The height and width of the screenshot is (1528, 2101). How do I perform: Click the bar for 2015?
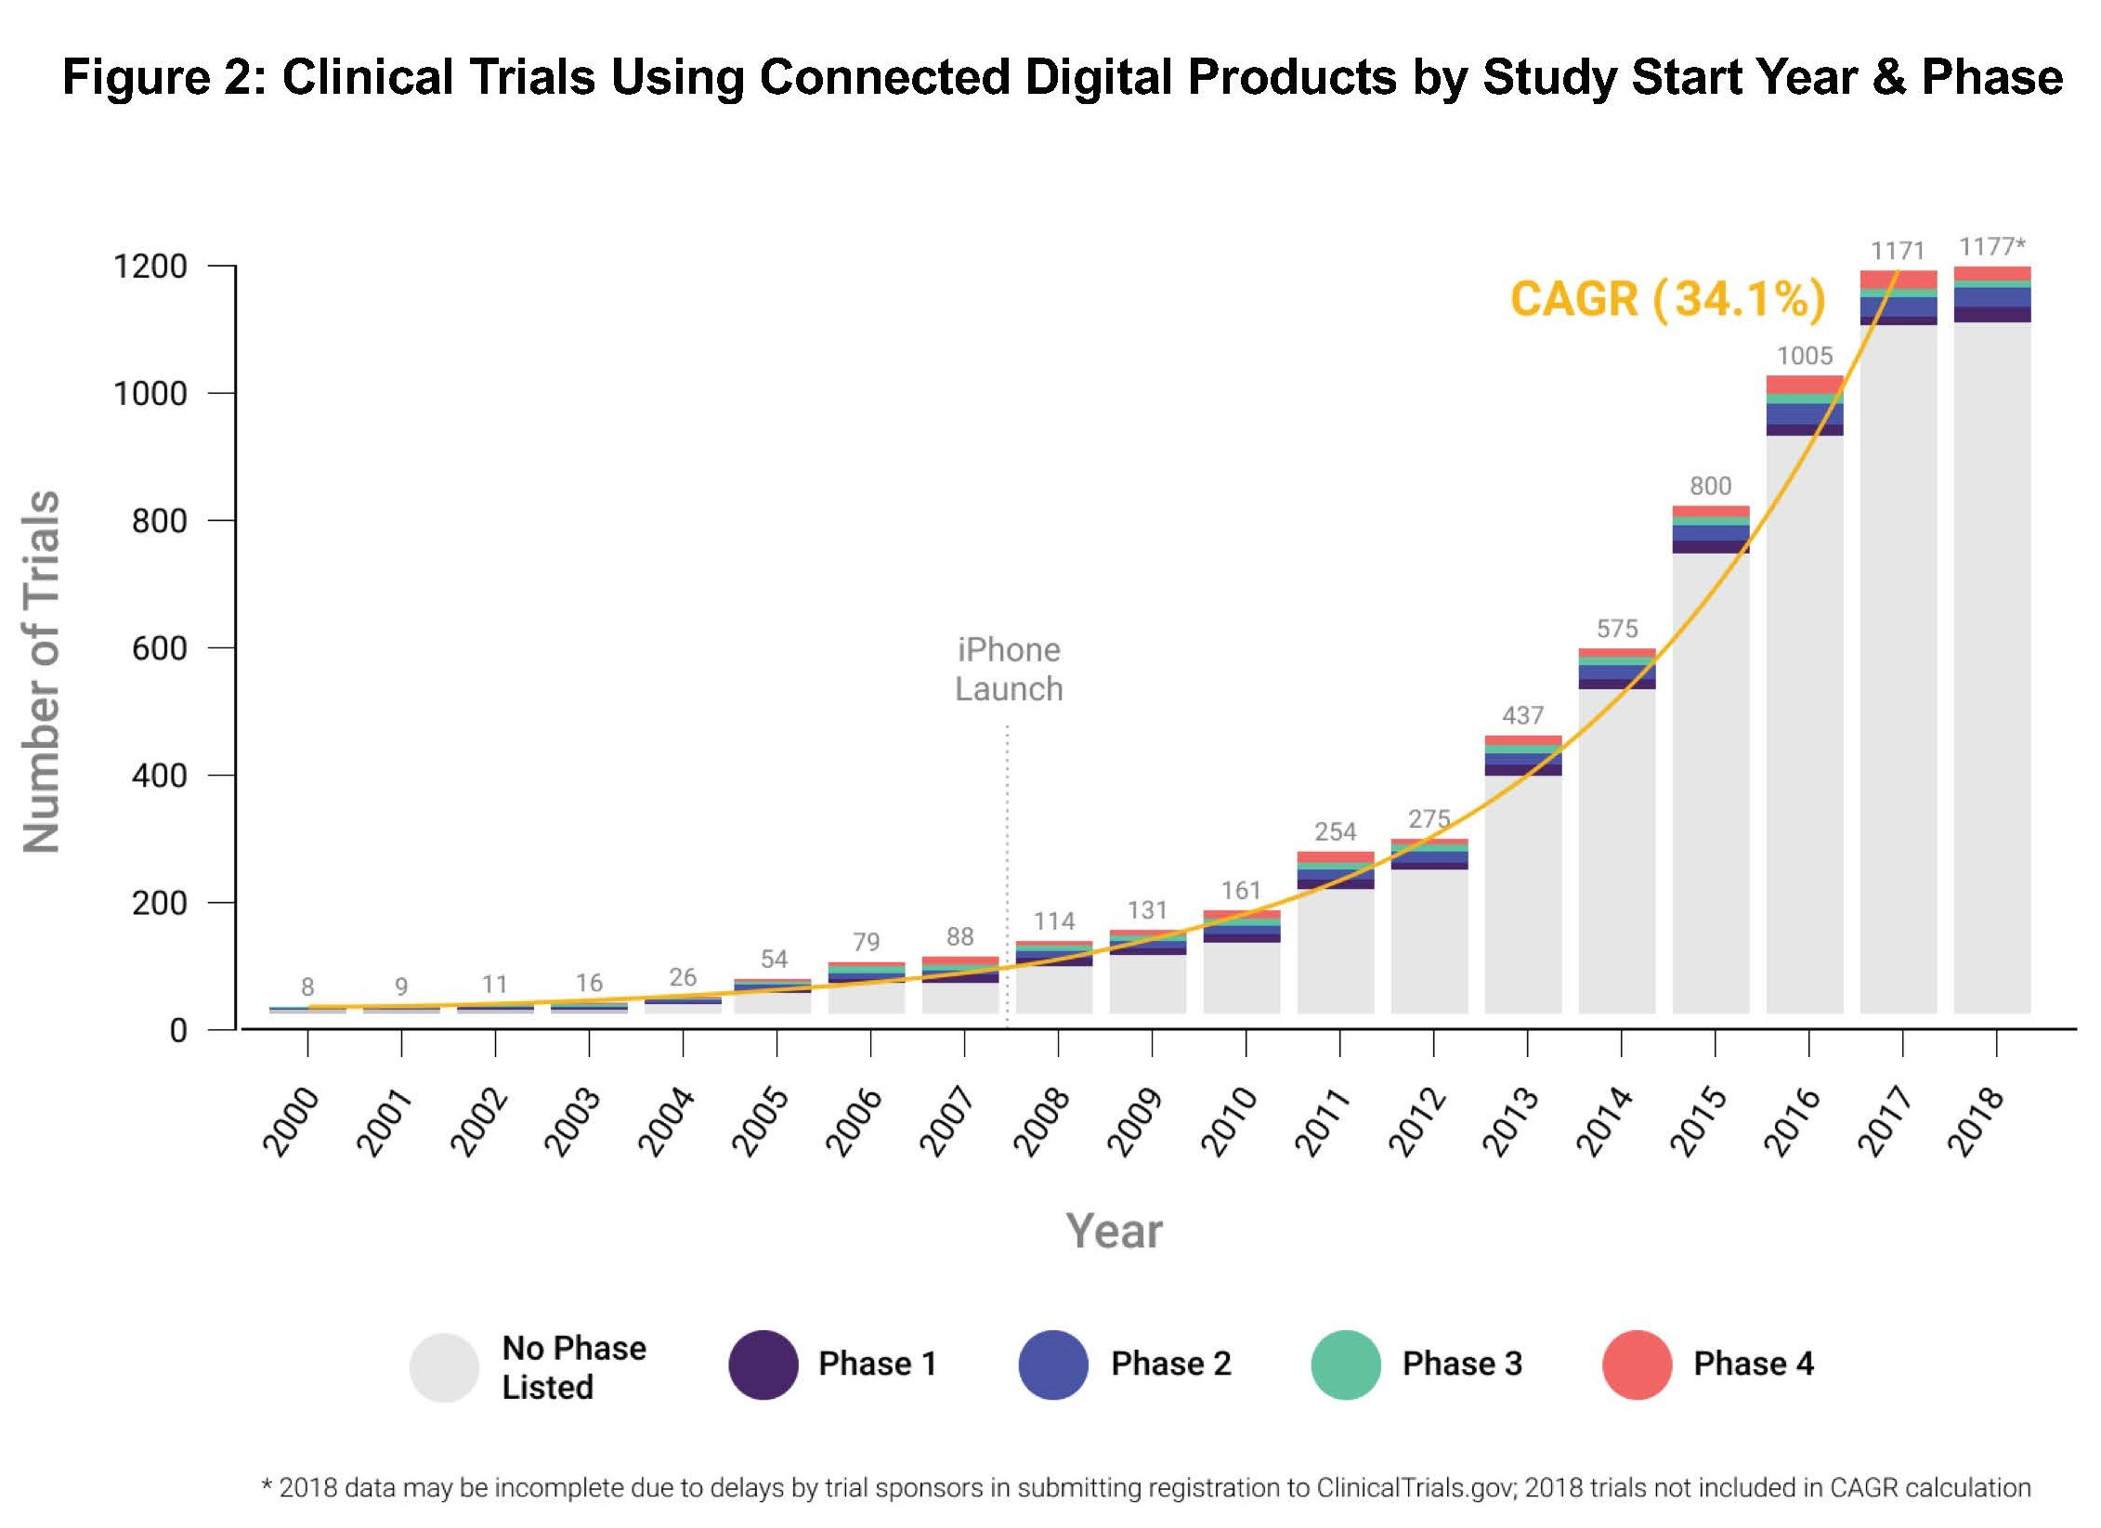coord(1711,762)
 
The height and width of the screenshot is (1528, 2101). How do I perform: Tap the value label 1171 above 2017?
coord(1898,251)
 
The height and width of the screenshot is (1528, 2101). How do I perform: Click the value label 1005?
coord(1805,356)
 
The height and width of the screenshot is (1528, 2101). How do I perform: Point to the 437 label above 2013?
coord(1523,715)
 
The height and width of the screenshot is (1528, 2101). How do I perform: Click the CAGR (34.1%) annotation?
coord(1668,299)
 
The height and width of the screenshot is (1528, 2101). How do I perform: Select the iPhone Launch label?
coord(1009,669)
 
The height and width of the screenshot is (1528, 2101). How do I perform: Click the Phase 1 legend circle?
coord(763,1365)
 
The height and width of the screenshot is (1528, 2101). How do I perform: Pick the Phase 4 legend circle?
coord(1638,1365)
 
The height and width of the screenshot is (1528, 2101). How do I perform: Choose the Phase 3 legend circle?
coord(1346,1365)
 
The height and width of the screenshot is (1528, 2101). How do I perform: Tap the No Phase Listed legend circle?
coord(444,1367)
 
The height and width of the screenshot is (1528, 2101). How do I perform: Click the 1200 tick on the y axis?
coord(150,268)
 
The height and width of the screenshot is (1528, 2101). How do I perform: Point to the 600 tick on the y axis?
coord(159,648)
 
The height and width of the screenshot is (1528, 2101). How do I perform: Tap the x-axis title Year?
coord(1114,1232)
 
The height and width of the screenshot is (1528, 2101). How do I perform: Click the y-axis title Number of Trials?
coord(42,671)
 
